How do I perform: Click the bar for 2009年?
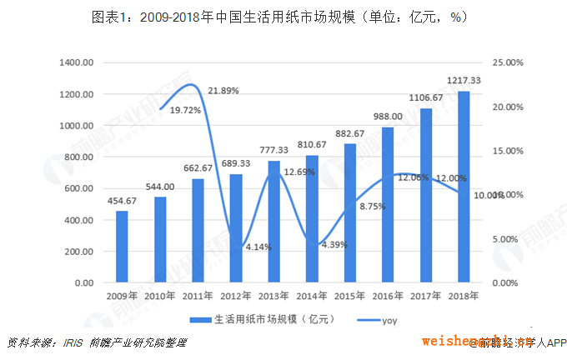pyautogui.click(x=122, y=247)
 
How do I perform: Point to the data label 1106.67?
pyautogui.click(x=425, y=98)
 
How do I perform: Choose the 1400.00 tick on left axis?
pyautogui.click(x=77, y=62)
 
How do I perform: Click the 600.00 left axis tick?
pyautogui.click(x=79, y=188)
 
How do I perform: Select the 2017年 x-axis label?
pyautogui.click(x=425, y=296)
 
